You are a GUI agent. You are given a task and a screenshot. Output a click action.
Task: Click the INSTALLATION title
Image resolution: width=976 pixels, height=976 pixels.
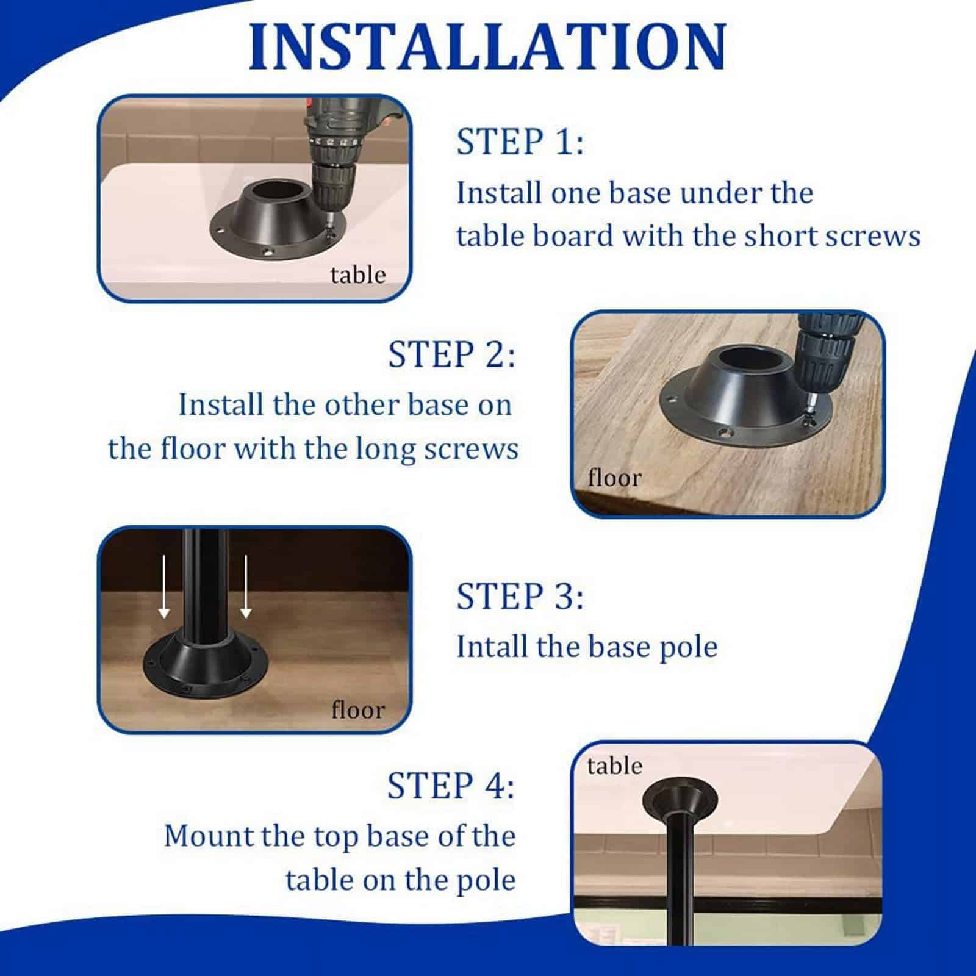487,48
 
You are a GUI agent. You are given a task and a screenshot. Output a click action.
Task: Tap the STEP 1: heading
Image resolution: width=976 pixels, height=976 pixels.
520,142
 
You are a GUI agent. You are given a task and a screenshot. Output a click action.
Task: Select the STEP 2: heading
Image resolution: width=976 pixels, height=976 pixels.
451,354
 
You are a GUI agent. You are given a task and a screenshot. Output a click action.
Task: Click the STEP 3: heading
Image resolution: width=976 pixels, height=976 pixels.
520,596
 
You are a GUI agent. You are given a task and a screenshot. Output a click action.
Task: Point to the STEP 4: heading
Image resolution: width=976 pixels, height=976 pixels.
451,785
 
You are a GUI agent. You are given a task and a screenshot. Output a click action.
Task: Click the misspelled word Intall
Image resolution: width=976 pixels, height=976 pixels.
491,647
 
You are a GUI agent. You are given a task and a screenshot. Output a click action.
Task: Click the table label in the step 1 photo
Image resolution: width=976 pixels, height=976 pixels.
358,275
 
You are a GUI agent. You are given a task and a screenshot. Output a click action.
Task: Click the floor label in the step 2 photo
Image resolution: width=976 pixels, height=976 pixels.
614,478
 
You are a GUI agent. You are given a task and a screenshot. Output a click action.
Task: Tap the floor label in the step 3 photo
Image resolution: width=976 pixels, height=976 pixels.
358,710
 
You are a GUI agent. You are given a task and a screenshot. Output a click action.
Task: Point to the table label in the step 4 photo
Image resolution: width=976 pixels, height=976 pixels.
614,766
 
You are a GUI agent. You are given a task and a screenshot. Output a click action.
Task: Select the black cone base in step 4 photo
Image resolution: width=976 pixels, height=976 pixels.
680,801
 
